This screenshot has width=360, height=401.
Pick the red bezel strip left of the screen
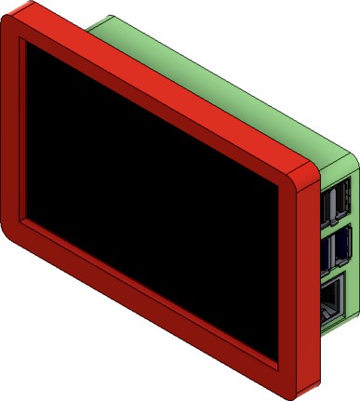coord(14,130)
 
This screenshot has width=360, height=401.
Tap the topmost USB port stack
coord(336,204)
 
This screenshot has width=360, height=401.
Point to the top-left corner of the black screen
coord(28,43)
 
